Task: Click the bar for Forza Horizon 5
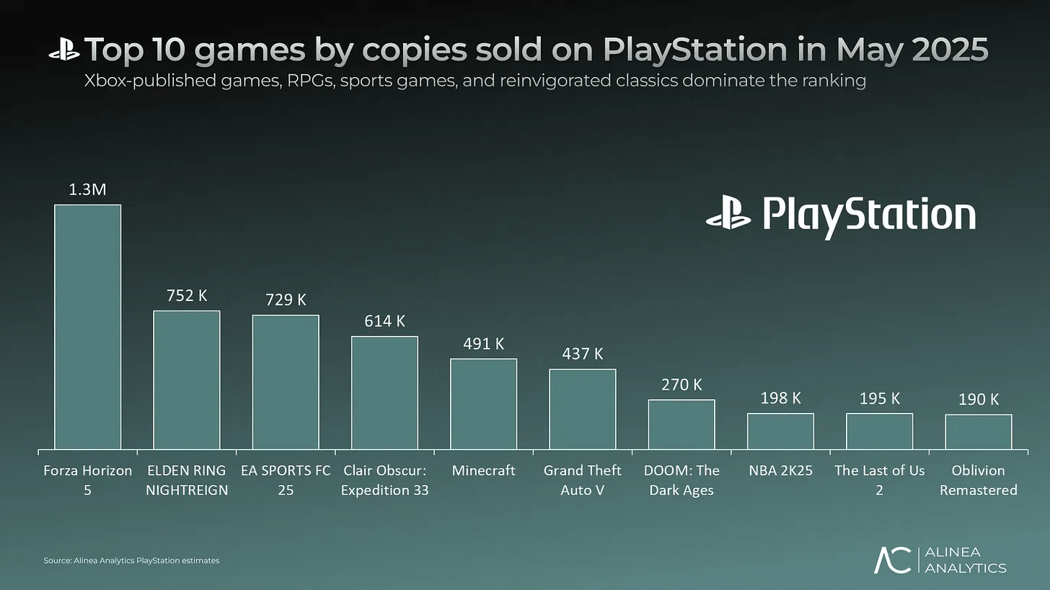pyautogui.click(x=88, y=328)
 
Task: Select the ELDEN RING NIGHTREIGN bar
pyautogui.click(x=187, y=380)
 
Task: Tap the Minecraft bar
pyautogui.click(x=483, y=404)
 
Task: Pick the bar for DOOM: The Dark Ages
pyautogui.click(x=681, y=425)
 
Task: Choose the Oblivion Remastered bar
pyautogui.click(x=978, y=432)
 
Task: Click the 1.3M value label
pyautogui.click(x=88, y=189)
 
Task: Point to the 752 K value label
pyautogui.click(x=187, y=295)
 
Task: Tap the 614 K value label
pyautogui.click(x=384, y=321)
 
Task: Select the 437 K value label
pyautogui.click(x=583, y=354)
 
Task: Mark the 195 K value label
pyautogui.click(x=879, y=398)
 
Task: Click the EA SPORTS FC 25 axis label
pyautogui.click(x=286, y=481)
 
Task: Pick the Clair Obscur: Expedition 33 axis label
pyautogui.click(x=384, y=481)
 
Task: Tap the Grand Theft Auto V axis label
pyautogui.click(x=583, y=481)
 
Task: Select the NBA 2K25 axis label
pyautogui.click(x=780, y=471)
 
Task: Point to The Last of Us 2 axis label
pyautogui.click(x=879, y=481)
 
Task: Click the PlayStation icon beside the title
pyautogui.click(x=64, y=50)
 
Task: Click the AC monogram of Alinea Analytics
pyautogui.click(x=892, y=560)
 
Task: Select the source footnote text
pyautogui.click(x=131, y=560)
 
